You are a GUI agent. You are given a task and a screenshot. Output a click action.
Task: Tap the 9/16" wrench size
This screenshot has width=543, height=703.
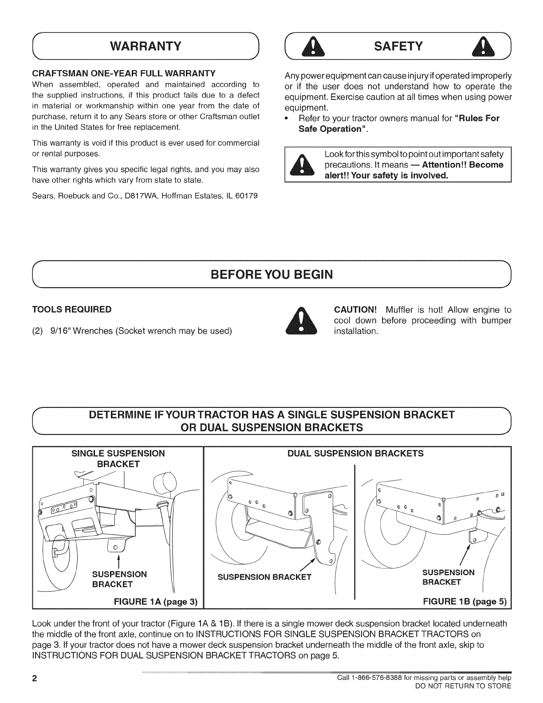[x=56, y=331]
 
